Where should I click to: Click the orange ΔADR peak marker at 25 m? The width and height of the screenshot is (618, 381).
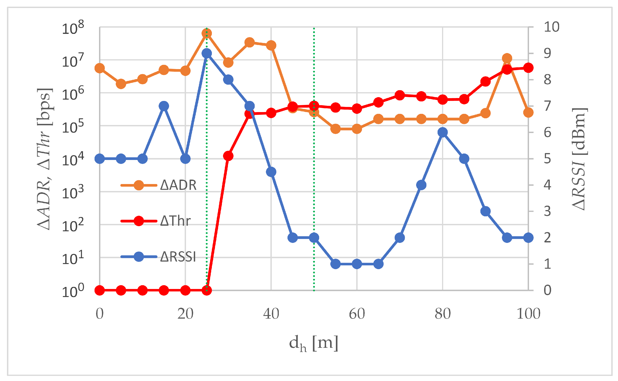click(x=207, y=33)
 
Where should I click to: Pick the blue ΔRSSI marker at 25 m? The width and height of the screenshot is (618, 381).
click(x=207, y=53)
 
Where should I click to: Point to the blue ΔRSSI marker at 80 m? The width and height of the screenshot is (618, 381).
click(x=442, y=132)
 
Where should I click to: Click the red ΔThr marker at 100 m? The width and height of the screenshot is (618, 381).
click(x=528, y=68)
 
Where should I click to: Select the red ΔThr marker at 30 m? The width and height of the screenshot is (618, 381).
click(x=228, y=156)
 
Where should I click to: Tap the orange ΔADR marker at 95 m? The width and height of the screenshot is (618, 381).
click(x=507, y=58)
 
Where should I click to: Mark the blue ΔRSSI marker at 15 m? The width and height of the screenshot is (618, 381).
click(x=164, y=106)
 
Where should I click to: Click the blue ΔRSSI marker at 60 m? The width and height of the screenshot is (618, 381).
click(x=357, y=264)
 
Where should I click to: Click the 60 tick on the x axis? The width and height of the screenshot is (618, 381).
click(x=357, y=314)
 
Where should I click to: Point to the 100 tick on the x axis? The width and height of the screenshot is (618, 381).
click(x=528, y=314)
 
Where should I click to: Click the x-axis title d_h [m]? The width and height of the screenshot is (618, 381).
click(x=314, y=343)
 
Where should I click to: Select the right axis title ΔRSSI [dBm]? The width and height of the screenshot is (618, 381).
click(x=579, y=159)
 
